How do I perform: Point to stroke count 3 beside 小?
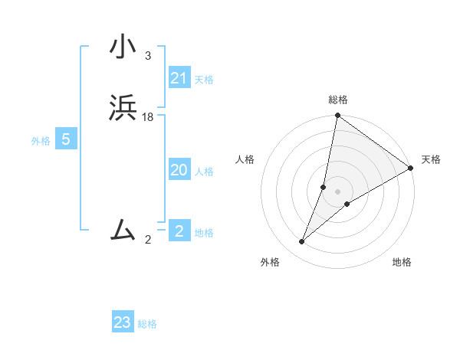pyautogui.click(x=147, y=56)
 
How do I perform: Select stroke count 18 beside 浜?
pyautogui.click(x=148, y=117)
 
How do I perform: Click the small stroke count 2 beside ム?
pyautogui.click(x=148, y=240)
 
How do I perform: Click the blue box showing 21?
pyautogui.click(x=179, y=78)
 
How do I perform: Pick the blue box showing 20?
pyautogui.click(x=179, y=170)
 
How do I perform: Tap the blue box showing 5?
pyautogui.click(x=66, y=139)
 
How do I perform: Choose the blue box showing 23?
pyautogui.click(x=123, y=322)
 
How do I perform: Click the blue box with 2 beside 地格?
pyautogui.click(x=179, y=231)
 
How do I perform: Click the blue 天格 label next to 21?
pyautogui.click(x=204, y=80)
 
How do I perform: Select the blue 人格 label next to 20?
pyautogui.click(x=204, y=172)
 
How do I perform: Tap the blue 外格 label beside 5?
pyautogui.click(x=41, y=141)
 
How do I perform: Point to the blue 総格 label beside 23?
pyautogui.click(x=147, y=324)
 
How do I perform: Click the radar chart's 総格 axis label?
pyautogui.click(x=338, y=100)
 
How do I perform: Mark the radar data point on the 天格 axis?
pyautogui.click(x=411, y=169)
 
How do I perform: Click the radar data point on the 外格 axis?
pyautogui.click(x=302, y=242)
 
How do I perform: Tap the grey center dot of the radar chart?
pyautogui.click(x=338, y=191)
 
